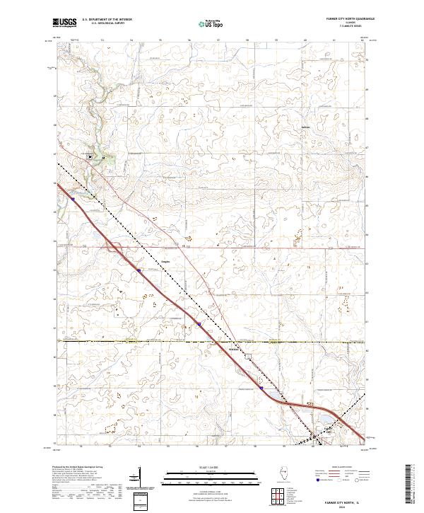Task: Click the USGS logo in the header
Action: click(x=65, y=23)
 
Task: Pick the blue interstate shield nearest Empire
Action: click(x=139, y=270)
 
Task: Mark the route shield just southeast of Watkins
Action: click(x=248, y=358)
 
